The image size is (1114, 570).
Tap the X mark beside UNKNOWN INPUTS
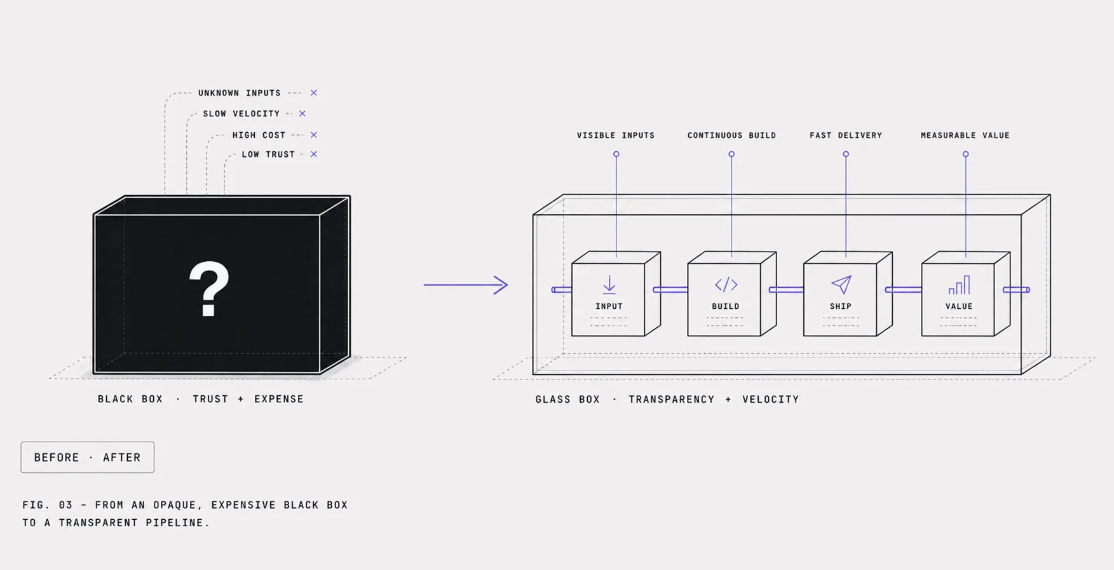[x=314, y=93]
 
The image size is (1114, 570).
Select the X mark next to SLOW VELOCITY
[x=302, y=114]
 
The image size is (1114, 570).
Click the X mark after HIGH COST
[x=314, y=135]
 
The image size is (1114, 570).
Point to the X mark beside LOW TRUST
[x=314, y=154]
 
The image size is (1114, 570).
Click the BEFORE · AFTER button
[x=88, y=458]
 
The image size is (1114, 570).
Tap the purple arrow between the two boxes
[x=466, y=285]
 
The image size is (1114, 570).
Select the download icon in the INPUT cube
[x=609, y=285]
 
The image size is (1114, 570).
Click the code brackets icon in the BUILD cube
[x=726, y=285]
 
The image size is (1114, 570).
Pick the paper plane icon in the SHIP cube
[x=841, y=285]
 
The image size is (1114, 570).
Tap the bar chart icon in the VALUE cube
[x=960, y=285]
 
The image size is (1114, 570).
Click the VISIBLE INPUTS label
[x=616, y=135]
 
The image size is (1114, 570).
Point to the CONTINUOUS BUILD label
[x=732, y=135]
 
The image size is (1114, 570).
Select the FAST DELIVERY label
[x=846, y=135]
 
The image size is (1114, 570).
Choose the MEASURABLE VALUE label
[x=965, y=135]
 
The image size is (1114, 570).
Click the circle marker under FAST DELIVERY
[x=846, y=154]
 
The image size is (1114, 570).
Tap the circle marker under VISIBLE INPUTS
[x=616, y=154]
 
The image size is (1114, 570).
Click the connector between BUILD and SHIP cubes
[x=787, y=290]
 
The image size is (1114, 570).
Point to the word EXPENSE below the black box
[x=279, y=399]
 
